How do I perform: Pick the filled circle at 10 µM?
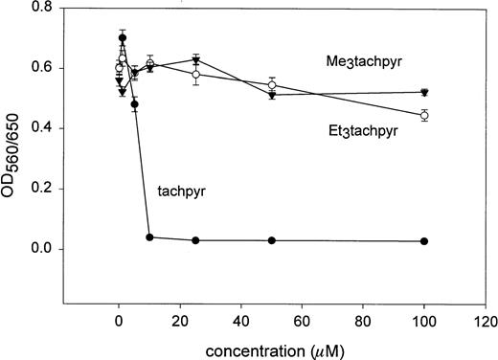point(149,237)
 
